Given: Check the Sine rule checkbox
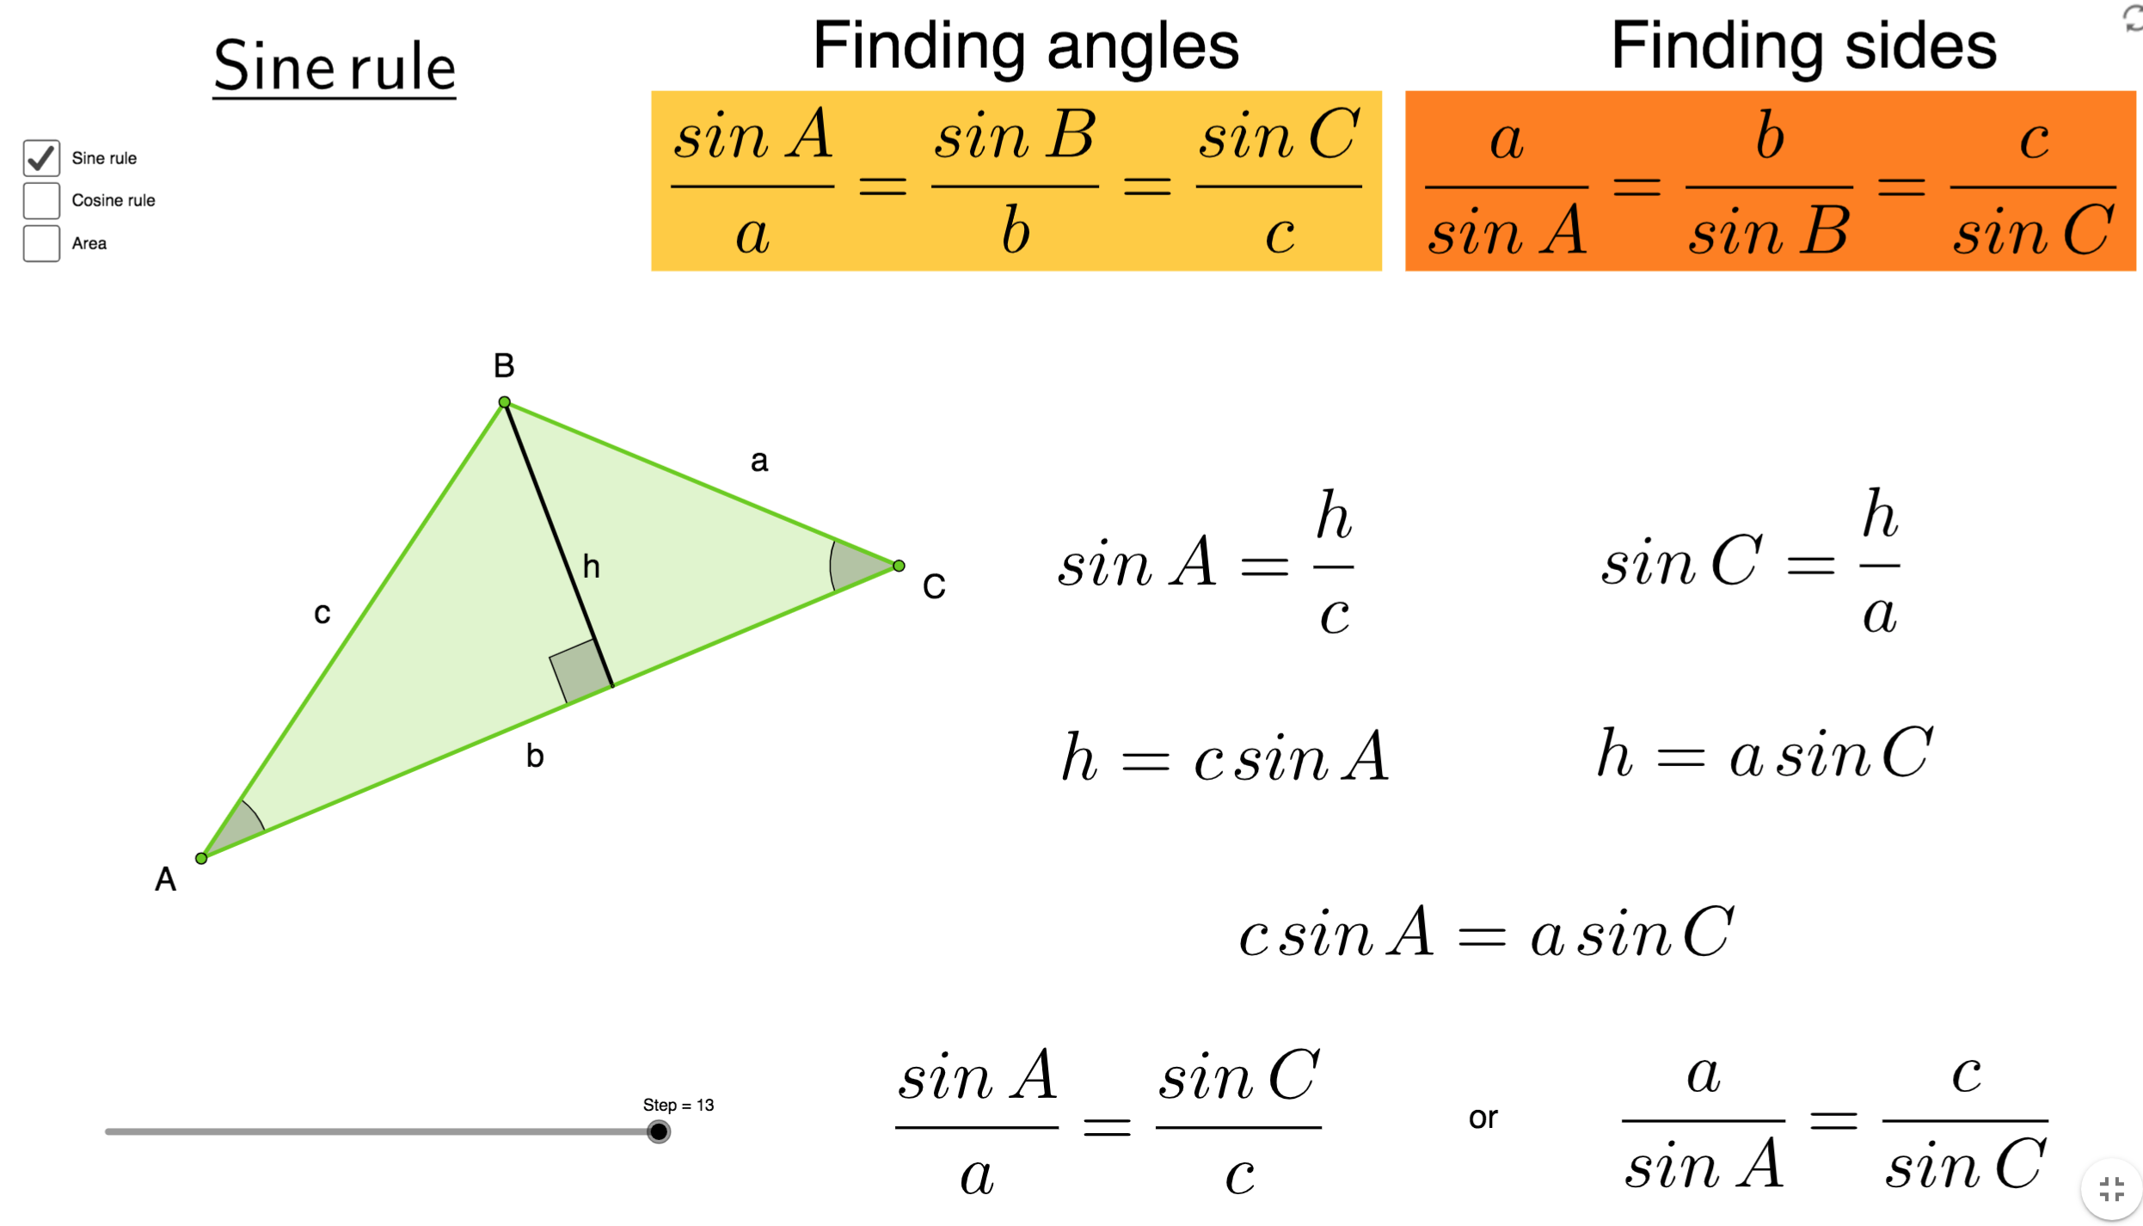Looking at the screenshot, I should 41,158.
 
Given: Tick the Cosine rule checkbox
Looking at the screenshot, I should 41,200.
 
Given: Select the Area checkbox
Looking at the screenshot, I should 41,243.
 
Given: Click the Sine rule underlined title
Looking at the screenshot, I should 334,67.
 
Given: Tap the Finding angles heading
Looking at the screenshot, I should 1025,46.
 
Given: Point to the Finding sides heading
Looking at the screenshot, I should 1803,46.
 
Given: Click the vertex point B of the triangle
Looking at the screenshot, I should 505,402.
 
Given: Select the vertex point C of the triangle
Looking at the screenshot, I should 899,566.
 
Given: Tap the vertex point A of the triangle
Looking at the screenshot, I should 201,858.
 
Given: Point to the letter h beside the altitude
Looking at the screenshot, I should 592,567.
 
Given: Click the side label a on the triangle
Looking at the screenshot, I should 759,462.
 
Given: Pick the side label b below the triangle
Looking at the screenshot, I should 535,757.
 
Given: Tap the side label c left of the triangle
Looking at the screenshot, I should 322,614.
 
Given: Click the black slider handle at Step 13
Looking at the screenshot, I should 659,1131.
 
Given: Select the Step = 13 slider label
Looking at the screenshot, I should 678,1106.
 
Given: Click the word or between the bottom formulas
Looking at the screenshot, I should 1483,1119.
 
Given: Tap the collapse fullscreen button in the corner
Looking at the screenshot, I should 2111,1190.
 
